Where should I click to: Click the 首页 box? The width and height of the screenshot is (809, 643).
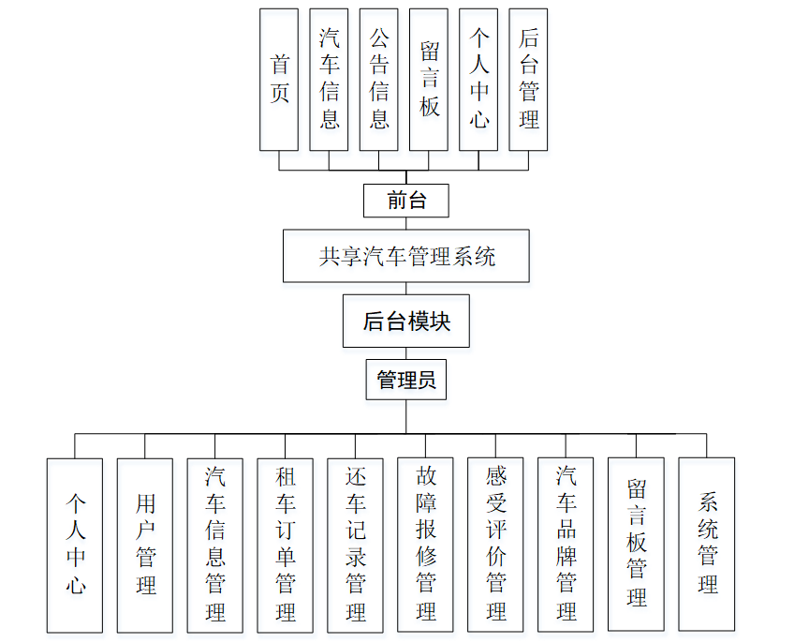(279, 80)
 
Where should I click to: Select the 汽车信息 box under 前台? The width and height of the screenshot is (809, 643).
(329, 80)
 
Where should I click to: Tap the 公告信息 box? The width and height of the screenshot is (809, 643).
(378, 80)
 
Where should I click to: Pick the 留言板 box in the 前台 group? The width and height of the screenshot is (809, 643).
(429, 80)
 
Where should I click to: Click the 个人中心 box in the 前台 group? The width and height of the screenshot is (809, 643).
(478, 80)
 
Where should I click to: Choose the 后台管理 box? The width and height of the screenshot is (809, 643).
(528, 80)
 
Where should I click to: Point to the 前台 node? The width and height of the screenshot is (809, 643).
(406, 200)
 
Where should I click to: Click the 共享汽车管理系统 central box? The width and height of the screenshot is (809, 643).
(406, 256)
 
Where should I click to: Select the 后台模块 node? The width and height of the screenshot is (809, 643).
(406, 321)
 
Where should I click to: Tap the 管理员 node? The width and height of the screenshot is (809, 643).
(406, 381)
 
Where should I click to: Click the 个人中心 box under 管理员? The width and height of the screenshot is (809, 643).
(75, 545)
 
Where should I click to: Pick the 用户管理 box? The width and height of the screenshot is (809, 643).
(145, 545)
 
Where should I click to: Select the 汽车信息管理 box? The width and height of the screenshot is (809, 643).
(215, 545)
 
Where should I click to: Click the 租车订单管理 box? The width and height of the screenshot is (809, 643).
(286, 545)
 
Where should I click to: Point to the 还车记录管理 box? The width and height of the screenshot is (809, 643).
(356, 545)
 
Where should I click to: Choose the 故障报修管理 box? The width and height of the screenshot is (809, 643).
(426, 545)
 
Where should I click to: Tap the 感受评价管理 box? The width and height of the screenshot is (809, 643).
(496, 545)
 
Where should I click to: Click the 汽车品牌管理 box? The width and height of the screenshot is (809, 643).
(566, 545)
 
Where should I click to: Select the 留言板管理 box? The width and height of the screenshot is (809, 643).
(637, 545)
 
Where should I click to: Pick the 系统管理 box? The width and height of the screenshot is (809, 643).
(707, 545)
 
